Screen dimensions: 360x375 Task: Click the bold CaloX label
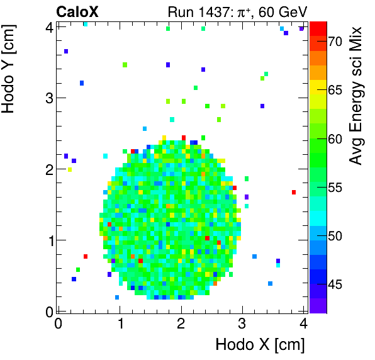[x=77, y=11]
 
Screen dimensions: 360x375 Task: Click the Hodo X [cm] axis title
[x=260, y=345]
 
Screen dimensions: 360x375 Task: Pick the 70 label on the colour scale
[x=335, y=42]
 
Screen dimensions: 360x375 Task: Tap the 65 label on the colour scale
[x=335, y=90]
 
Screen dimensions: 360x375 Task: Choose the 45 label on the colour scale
[x=335, y=284]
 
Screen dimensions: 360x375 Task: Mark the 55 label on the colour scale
[x=335, y=188]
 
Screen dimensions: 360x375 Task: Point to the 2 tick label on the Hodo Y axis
[x=48, y=169]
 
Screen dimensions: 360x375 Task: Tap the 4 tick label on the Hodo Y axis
[x=48, y=26]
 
